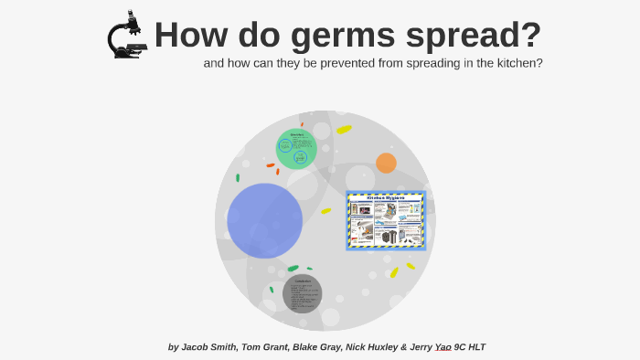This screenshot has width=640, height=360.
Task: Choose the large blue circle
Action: tap(264, 220)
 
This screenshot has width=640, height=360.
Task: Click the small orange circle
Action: tap(386, 163)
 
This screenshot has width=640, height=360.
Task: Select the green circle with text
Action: tap(296, 148)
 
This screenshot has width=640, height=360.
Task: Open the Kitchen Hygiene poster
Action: tap(385, 220)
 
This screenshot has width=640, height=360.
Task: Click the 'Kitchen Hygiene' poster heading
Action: tap(385, 196)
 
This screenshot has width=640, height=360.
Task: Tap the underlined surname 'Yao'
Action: tap(443, 347)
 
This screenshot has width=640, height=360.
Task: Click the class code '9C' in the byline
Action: tap(463, 347)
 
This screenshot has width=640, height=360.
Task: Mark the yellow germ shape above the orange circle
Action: tap(344, 130)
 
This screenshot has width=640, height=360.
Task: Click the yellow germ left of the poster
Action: tap(326, 211)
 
